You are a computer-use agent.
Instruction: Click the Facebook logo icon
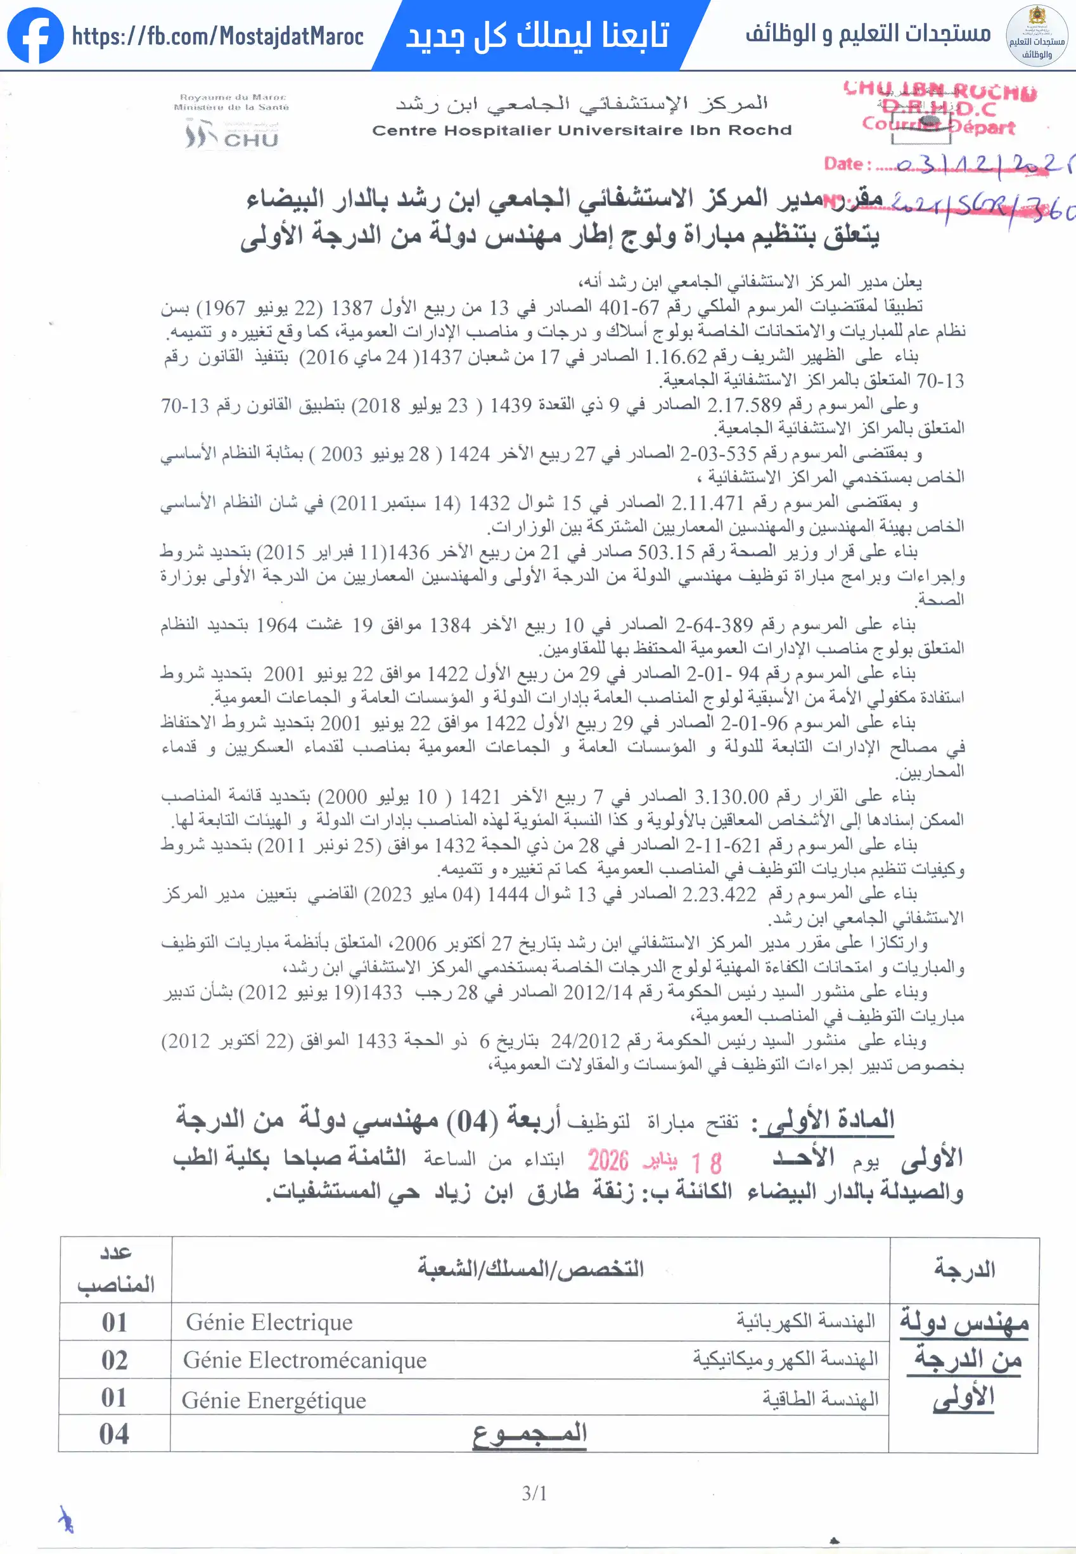pos(35,35)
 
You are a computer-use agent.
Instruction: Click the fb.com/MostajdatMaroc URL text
pos(218,36)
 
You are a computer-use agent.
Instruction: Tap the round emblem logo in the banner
pos(1036,35)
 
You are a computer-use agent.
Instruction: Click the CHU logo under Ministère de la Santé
pos(231,135)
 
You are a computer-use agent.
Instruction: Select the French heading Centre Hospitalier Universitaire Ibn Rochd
pos(582,130)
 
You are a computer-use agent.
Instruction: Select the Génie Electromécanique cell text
pos(305,1360)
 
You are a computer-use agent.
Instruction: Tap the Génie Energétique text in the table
pos(274,1400)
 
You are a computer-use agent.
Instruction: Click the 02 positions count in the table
pos(115,1360)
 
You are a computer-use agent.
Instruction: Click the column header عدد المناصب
pos(116,1268)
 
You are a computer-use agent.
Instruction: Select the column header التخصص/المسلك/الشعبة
pos(530,1269)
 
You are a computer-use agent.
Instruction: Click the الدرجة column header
pos(964,1269)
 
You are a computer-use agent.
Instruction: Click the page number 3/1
pos(535,1493)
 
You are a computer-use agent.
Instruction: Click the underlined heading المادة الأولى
pos(826,1121)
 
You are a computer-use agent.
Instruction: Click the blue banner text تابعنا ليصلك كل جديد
pos(537,35)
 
